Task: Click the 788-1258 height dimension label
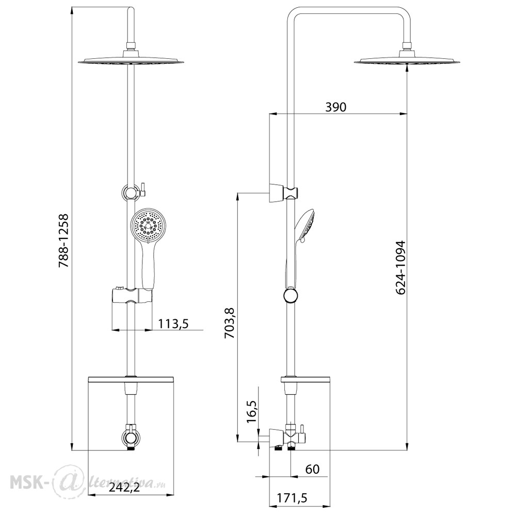pos(63,241)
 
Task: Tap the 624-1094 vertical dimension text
pos(400,267)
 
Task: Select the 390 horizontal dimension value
pos(336,107)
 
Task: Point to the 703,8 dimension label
pos(230,323)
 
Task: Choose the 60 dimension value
pos(312,469)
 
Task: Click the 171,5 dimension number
pos(292,498)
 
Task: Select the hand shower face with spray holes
pos(148,226)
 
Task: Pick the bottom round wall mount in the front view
pos(131,438)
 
